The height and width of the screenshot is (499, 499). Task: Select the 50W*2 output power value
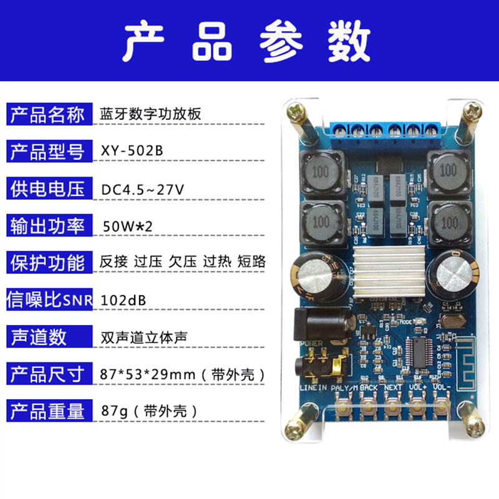click(x=124, y=225)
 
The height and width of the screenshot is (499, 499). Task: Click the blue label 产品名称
click(x=47, y=115)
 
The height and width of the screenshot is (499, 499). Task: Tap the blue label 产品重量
click(x=47, y=411)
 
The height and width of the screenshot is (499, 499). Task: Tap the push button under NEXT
click(x=392, y=409)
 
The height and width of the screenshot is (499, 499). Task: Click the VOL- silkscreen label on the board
click(x=441, y=387)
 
